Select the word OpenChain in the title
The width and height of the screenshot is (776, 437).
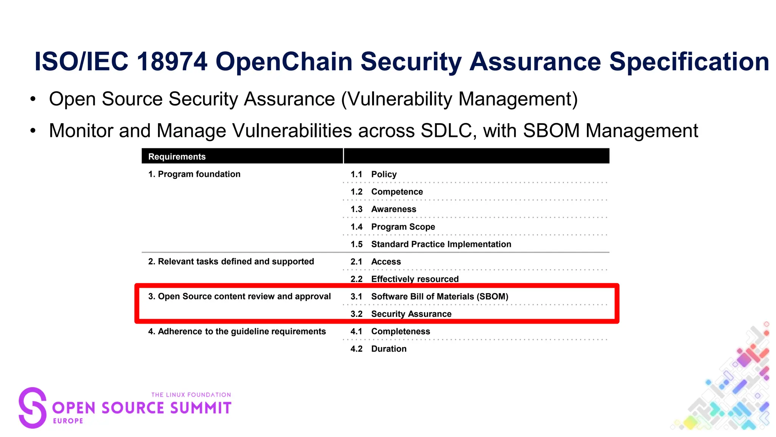284,61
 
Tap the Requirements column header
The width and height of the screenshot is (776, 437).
177,157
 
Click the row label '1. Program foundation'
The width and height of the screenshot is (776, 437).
194,174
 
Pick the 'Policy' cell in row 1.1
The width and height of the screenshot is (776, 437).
384,174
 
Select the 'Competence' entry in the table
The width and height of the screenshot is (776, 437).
397,192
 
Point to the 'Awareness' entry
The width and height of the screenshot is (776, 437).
393,209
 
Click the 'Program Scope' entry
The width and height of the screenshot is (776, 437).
403,227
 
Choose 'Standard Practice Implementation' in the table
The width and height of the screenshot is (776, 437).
441,244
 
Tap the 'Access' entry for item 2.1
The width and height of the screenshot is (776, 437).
386,262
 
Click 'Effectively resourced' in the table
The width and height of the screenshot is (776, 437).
415,279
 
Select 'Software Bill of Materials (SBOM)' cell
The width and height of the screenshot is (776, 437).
440,297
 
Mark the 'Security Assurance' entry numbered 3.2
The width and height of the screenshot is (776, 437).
411,314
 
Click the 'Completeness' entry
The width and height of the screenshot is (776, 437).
401,332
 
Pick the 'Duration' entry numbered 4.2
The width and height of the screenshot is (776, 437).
389,349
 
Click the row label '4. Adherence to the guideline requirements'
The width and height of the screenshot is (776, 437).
237,332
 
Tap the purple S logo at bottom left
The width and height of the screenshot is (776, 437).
33,408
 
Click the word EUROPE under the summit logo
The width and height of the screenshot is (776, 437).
68,421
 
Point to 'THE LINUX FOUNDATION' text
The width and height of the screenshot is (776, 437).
191,395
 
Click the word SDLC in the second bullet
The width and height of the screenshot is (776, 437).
446,131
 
